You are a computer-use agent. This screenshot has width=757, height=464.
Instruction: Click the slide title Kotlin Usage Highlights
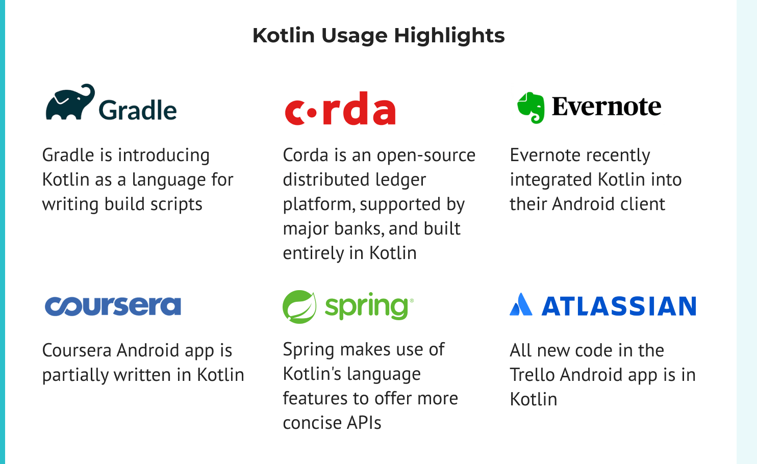point(378,36)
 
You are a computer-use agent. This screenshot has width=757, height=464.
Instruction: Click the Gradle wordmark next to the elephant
point(138,110)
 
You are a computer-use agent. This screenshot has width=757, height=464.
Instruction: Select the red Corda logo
point(340,109)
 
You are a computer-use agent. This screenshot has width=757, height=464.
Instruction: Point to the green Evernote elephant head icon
point(531,107)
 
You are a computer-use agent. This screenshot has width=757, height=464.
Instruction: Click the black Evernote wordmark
point(607,107)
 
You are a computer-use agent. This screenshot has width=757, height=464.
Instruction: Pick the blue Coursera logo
point(113,306)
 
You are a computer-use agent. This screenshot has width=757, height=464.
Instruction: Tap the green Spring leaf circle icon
point(299,307)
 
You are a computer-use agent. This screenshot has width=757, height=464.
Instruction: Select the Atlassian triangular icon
point(521,305)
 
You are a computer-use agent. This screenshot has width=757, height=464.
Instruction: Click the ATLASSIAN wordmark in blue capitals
point(619,306)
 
